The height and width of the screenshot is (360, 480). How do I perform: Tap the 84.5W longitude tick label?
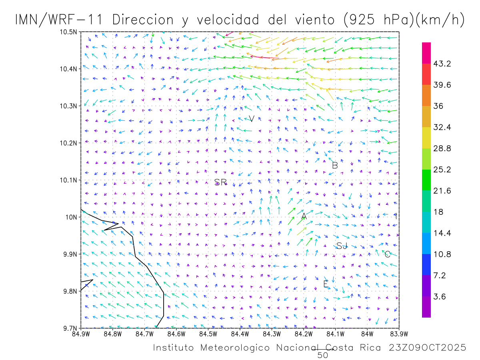coord(208,334)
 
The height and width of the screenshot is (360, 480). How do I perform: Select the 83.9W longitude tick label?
coord(398,334)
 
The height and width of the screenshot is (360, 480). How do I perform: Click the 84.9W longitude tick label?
coord(81,334)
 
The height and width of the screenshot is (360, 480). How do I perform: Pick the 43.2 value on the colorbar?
coord(442,64)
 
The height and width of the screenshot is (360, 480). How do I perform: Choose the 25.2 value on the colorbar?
coord(442,170)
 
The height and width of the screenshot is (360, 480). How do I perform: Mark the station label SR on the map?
coord(220,182)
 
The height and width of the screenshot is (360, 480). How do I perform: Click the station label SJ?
coord(342,246)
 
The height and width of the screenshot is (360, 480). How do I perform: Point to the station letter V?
coord(252,118)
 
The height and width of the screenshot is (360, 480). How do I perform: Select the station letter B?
coord(335,165)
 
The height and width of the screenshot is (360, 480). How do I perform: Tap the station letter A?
coord(304,216)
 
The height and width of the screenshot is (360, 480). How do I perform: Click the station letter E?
coord(326,284)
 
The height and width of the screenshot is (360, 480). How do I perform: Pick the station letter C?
coord(387,254)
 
